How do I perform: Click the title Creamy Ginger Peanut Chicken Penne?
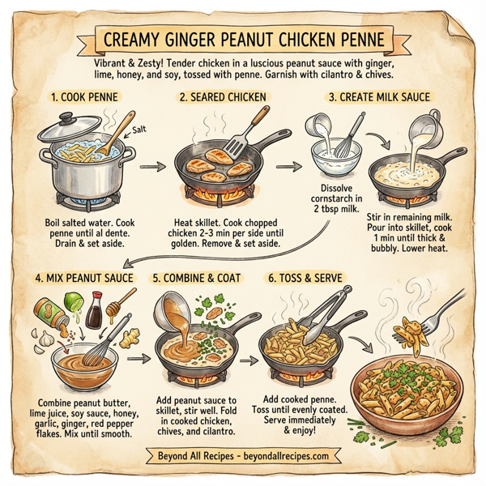[x=243, y=39]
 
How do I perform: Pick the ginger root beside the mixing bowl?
[x=126, y=336]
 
